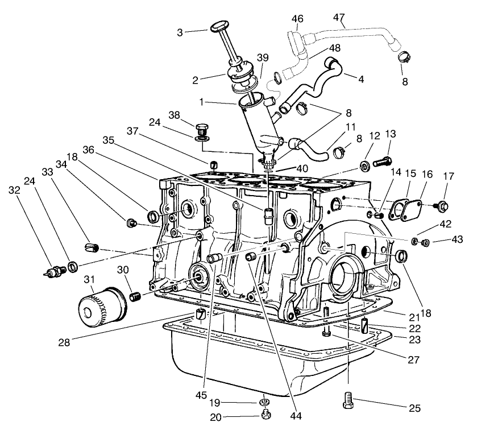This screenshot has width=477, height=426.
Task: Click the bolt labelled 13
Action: (383, 162)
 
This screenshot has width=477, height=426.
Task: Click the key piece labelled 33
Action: (92, 247)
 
